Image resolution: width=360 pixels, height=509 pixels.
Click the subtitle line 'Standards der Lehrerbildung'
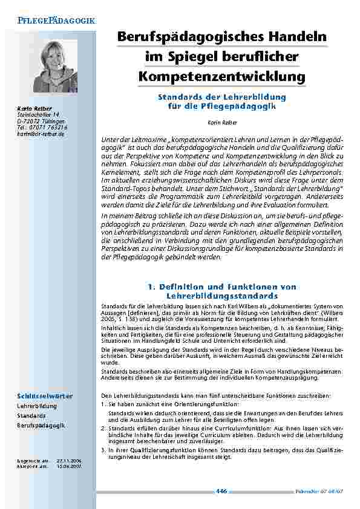[x=221, y=97]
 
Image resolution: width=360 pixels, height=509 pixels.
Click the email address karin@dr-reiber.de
[x=36, y=134]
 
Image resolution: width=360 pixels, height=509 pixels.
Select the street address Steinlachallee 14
[x=38, y=114]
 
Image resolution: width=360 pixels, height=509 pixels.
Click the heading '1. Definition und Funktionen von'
[x=221, y=287]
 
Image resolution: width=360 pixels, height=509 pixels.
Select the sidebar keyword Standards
[x=31, y=417]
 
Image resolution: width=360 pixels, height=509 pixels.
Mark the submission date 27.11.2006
[x=68, y=461]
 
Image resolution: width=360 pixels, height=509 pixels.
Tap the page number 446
[x=221, y=491]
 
